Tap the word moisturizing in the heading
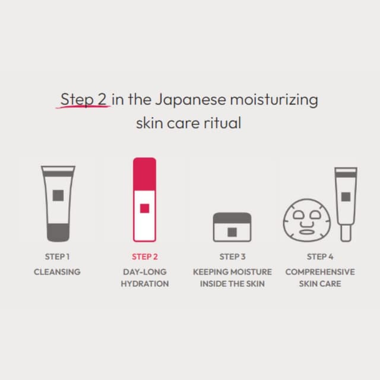[277, 99]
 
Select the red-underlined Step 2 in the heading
[84, 99]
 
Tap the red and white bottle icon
[144, 199]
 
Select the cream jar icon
[232, 227]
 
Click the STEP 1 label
[57, 257]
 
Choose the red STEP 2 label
[144, 257]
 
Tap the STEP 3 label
[232, 257]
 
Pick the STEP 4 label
[320, 257]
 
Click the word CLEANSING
[57, 272]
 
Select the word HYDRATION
[144, 284]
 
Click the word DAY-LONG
[144, 272]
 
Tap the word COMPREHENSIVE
[320, 272]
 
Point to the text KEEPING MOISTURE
[232, 272]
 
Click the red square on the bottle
[144, 208]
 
